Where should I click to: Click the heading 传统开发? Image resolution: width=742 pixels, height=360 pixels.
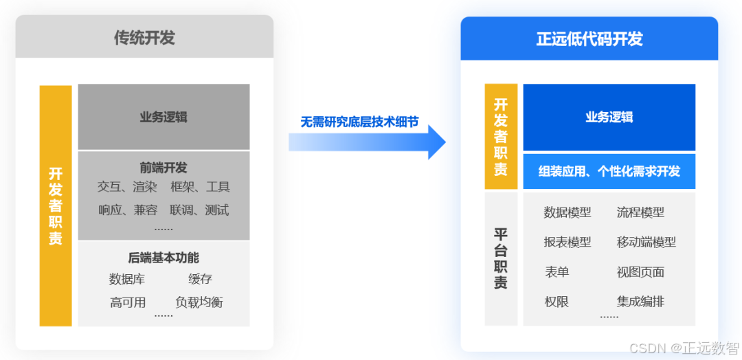144,38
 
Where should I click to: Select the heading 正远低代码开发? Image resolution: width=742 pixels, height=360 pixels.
589,39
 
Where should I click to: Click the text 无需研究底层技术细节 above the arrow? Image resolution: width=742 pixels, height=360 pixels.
359,122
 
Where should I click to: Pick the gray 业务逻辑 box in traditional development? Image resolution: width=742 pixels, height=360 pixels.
164,117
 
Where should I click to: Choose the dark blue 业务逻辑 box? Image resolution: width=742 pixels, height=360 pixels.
609,117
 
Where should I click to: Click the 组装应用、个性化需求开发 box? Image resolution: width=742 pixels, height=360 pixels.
609,171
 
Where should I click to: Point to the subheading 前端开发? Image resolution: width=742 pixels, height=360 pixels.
164,168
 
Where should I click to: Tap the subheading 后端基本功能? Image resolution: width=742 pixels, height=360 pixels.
164,258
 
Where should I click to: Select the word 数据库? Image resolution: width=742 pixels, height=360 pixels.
127,279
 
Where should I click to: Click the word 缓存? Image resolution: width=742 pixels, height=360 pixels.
201,279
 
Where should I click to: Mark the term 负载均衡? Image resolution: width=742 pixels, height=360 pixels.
199,302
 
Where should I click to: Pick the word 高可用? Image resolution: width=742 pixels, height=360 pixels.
128,302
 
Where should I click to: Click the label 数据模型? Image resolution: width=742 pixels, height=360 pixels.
567,212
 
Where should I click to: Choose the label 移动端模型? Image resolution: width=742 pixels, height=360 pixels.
646,242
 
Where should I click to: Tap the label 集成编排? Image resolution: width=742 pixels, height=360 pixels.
640,301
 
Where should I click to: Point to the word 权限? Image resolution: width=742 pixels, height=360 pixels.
556,301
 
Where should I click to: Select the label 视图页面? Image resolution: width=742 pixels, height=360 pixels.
640,272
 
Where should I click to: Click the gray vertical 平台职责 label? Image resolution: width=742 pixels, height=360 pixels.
501,258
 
